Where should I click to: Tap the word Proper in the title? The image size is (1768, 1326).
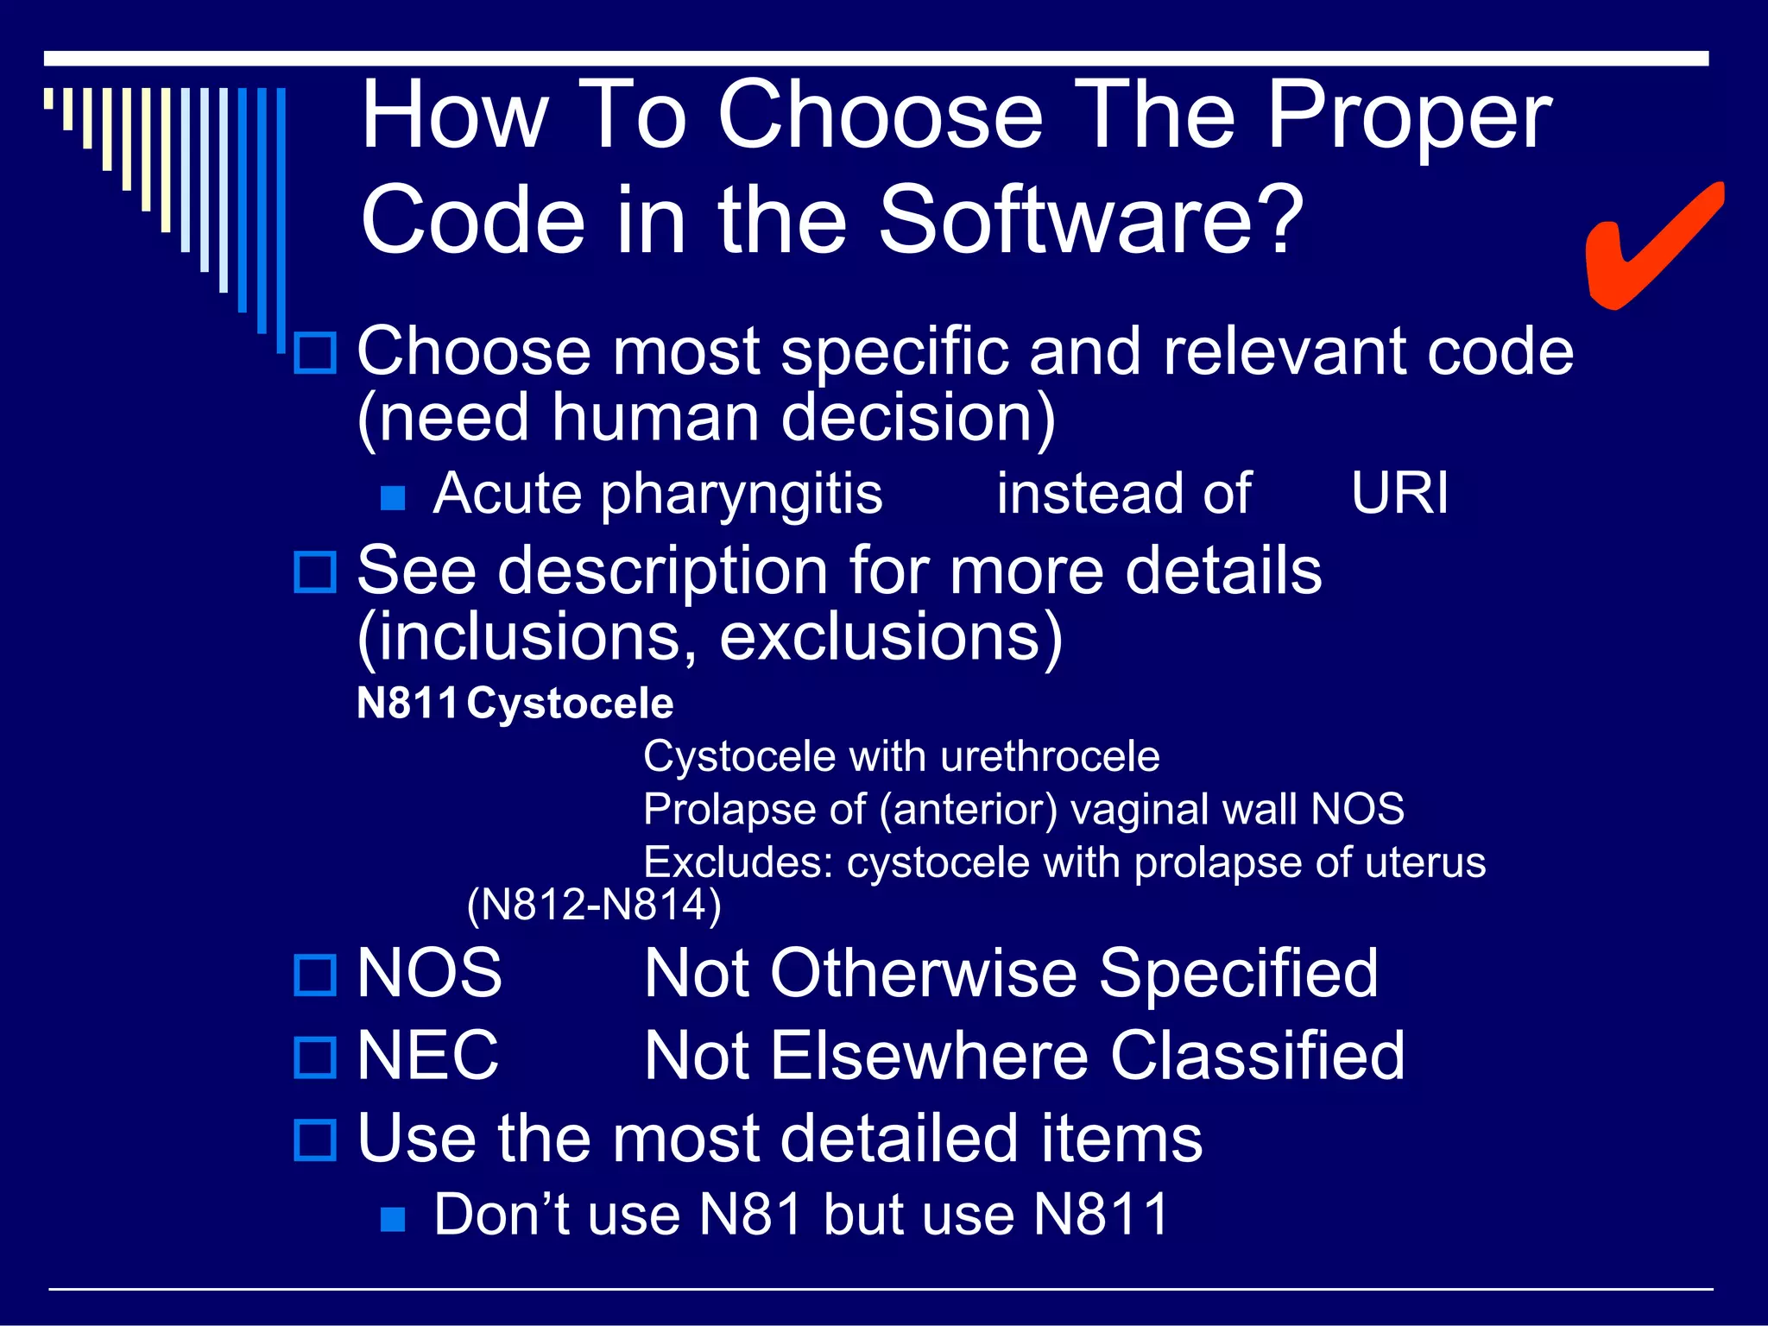pos(1409,117)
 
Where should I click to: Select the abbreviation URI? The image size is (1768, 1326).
pos(1399,494)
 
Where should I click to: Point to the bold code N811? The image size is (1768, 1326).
pos(407,703)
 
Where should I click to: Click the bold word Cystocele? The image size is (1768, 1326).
pos(570,703)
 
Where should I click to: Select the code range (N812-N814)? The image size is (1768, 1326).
pos(594,906)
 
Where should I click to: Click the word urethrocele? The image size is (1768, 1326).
pos(1050,757)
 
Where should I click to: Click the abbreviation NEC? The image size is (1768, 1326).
pos(428,1055)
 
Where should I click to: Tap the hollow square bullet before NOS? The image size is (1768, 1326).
pos(315,976)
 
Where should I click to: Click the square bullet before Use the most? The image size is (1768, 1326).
pos(315,1140)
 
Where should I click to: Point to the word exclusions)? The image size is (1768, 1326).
pos(890,637)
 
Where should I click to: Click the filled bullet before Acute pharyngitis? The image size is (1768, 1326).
pos(393,498)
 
